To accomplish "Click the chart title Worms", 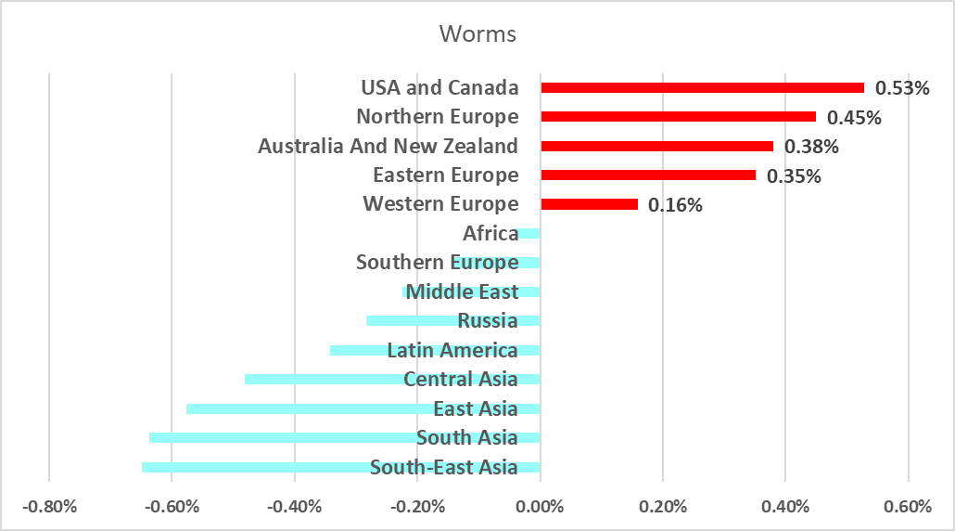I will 477,34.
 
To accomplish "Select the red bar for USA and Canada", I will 702,87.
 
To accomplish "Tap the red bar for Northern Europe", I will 678,117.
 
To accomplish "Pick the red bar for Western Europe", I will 589,204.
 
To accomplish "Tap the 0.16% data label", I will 675,205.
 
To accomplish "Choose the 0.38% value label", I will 811,147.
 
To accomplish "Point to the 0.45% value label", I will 854,118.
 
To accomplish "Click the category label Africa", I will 490,233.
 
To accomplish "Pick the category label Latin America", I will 452,350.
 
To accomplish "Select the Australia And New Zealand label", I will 388,146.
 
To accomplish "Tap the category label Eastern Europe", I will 445,175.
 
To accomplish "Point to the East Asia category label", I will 476,408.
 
